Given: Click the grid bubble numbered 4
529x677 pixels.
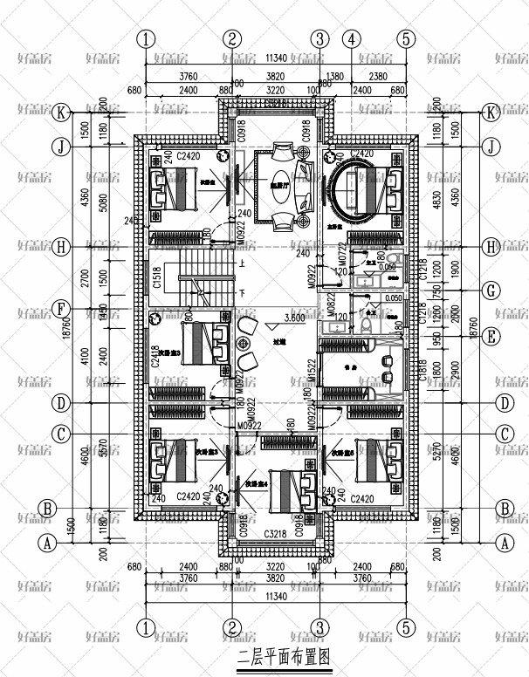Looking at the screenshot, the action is pyautogui.click(x=352, y=38).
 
